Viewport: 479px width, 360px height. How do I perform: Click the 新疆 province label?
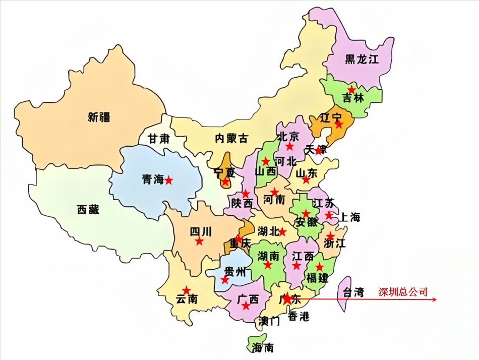click(x=99, y=117)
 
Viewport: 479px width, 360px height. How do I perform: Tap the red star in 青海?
click(x=169, y=180)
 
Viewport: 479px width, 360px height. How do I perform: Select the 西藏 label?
click(x=88, y=209)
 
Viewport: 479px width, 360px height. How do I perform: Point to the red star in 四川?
click(x=199, y=242)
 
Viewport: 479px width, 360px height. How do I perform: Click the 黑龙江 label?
click(x=361, y=59)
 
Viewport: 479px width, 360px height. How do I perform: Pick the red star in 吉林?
click(x=351, y=89)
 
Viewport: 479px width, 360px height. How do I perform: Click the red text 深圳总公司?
click(x=403, y=292)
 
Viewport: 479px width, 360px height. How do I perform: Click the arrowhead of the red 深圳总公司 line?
click(x=434, y=299)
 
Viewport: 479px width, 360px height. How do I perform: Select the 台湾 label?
click(x=353, y=292)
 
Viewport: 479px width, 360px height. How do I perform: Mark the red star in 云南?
click(x=187, y=290)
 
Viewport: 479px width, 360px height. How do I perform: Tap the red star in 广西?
click(x=246, y=306)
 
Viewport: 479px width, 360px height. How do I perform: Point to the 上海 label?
click(x=349, y=217)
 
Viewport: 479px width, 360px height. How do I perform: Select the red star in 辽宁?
click(x=339, y=125)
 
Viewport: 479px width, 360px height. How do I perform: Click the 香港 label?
click(x=298, y=317)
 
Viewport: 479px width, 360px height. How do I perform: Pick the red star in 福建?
click(x=319, y=267)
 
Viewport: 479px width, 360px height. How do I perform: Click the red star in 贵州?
click(x=225, y=280)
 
